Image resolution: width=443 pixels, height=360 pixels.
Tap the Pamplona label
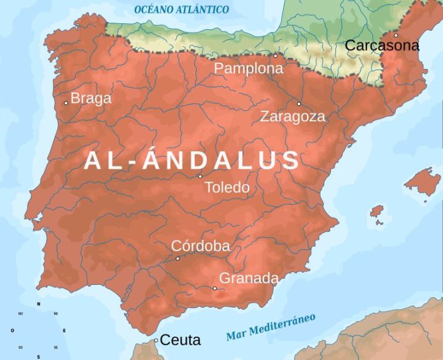click(x=249, y=68)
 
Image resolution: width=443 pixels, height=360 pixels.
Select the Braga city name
click(x=91, y=98)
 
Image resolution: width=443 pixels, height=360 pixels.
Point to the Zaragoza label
click(x=292, y=116)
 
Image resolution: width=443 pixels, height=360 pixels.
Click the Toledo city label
click(x=226, y=187)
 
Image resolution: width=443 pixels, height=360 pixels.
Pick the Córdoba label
click(x=201, y=246)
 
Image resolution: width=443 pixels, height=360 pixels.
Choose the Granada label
click(x=249, y=278)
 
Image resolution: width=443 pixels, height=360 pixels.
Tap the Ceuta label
click(x=181, y=339)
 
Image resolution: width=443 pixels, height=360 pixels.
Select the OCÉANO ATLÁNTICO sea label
click(x=182, y=10)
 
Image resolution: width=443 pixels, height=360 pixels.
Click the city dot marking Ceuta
click(x=156, y=340)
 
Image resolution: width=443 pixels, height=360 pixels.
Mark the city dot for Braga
click(x=66, y=103)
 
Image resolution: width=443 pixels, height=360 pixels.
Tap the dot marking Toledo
click(x=200, y=177)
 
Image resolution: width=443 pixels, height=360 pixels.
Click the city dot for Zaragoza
click(x=299, y=103)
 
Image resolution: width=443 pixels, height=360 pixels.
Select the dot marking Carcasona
click(x=396, y=35)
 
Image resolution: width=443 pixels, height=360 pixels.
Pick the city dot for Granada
click(x=215, y=288)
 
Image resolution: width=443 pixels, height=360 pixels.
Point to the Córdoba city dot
click(x=178, y=258)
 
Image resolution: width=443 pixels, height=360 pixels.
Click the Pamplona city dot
click(x=275, y=55)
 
